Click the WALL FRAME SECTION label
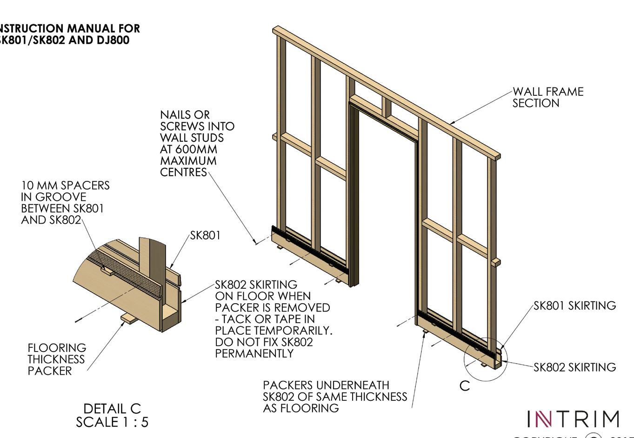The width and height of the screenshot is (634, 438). point(547,98)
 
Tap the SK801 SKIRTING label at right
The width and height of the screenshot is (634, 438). point(574,305)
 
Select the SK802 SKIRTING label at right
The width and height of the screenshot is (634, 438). point(574,367)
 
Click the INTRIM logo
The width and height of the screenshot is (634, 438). point(573,419)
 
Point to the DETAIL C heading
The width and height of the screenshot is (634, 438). point(112,409)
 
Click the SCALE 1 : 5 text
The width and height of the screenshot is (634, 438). point(112,422)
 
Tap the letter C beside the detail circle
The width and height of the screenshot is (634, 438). point(464,386)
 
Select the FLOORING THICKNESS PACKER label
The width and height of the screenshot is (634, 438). point(56,359)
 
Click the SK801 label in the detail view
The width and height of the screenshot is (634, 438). point(205,235)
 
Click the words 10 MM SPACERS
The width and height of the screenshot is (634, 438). point(65,186)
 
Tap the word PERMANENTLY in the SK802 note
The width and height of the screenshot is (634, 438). point(254,353)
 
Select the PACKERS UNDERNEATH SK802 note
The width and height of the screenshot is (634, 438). point(334,397)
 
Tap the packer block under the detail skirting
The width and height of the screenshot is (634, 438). point(127,319)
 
